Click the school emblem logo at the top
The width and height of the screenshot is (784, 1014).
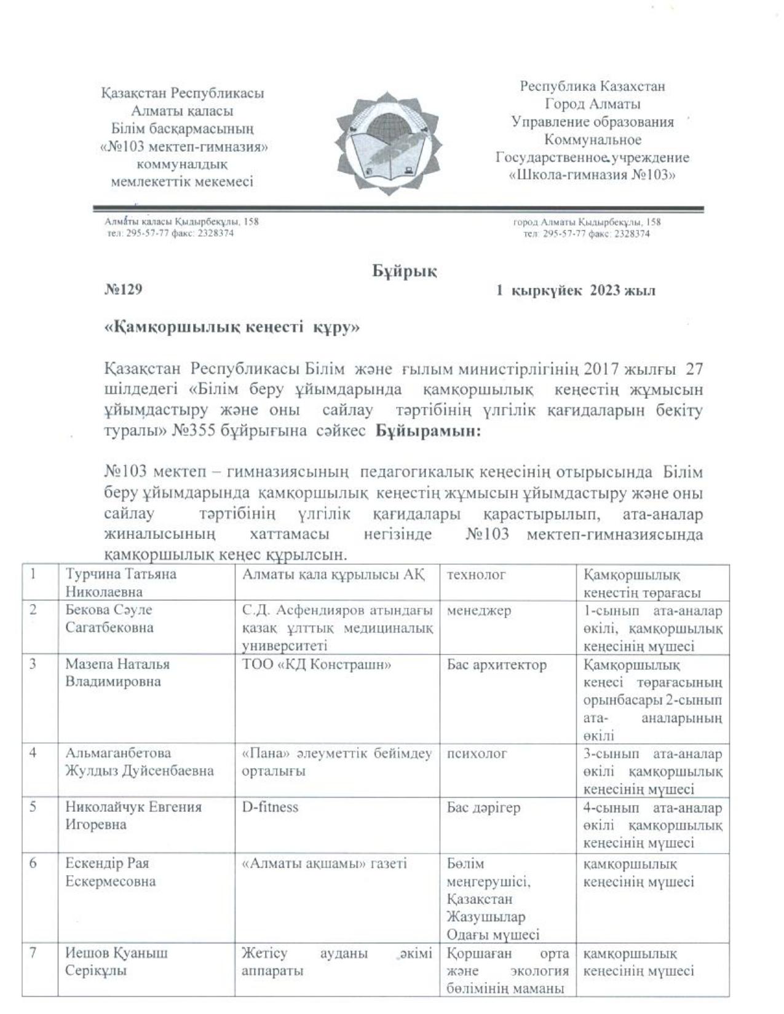(388, 143)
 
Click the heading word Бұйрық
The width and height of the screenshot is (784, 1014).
(404, 271)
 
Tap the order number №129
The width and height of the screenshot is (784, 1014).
(123, 289)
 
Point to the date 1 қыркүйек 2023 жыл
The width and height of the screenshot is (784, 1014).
(576, 291)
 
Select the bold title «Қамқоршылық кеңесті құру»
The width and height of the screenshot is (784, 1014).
(232, 328)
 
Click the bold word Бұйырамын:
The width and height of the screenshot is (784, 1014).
(428, 431)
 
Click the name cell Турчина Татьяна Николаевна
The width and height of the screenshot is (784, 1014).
(121, 583)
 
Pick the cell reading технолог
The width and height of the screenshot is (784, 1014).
(476, 575)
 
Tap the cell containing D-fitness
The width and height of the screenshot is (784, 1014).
(270, 807)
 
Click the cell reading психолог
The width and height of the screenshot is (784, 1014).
(477, 753)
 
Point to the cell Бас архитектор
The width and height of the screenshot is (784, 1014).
(496, 665)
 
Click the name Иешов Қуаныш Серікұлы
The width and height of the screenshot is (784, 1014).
(116, 962)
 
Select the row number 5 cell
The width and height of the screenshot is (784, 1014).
(33, 807)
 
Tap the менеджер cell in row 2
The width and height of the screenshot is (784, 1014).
(478, 611)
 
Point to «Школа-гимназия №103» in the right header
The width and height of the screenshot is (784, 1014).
(592, 175)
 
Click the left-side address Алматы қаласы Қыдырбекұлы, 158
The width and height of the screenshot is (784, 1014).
(181, 221)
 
